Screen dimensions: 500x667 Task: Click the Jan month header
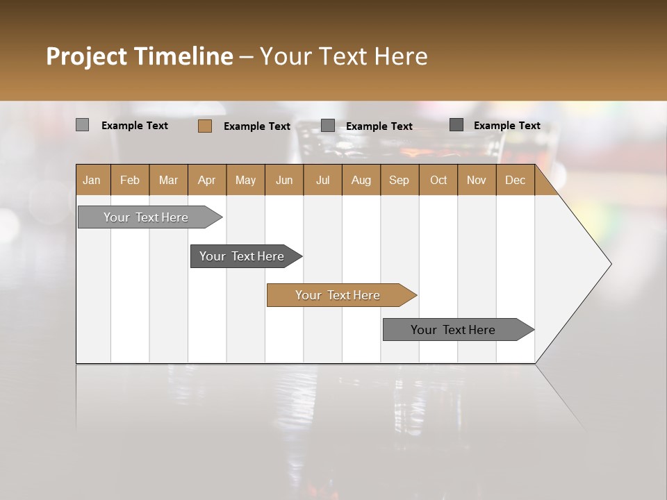point(92,180)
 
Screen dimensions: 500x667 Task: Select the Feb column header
point(130,180)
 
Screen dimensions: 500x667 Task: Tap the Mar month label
point(168,180)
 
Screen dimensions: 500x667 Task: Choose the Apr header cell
point(207,180)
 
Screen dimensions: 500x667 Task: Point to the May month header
point(245,180)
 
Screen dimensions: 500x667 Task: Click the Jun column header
point(284,180)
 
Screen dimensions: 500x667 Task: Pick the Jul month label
point(322,180)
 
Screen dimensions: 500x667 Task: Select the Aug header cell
point(361,180)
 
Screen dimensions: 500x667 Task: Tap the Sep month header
point(400,180)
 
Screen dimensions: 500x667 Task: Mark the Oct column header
point(438,180)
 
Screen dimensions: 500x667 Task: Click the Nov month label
point(477,180)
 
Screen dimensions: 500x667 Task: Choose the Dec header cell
point(516,180)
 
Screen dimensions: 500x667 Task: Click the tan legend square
point(205,126)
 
